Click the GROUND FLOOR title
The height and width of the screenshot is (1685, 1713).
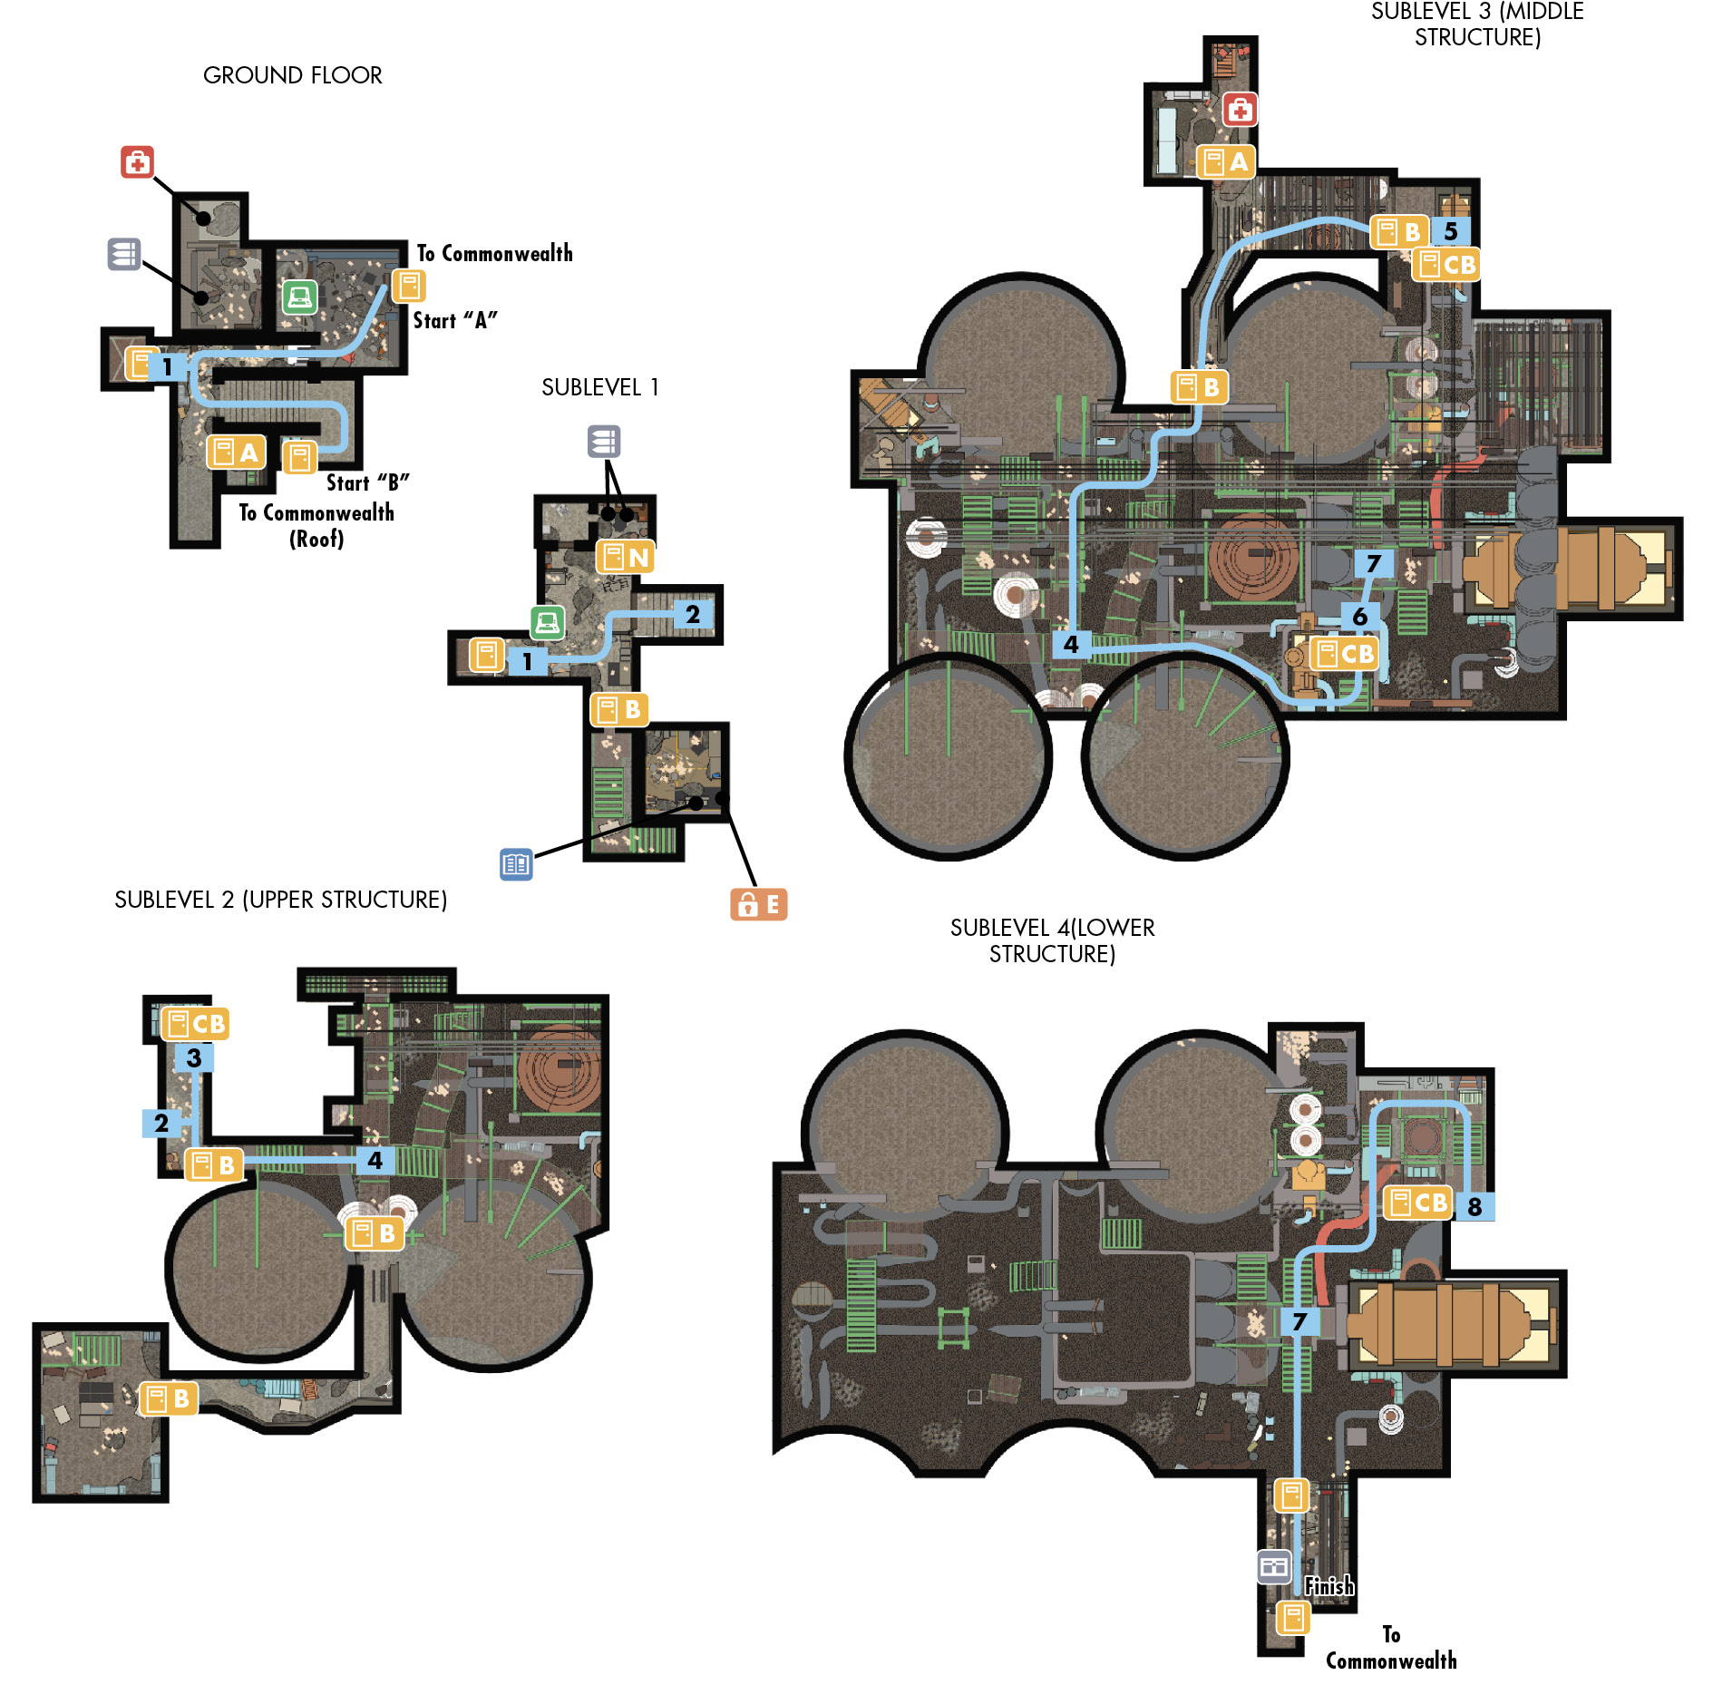pyautogui.click(x=292, y=75)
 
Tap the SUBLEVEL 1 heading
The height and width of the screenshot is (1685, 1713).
pyautogui.click(x=599, y=387)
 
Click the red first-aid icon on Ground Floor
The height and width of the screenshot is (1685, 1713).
pyautogui.click(x=137, y=162)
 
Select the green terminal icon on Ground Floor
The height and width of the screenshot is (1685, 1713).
pyautogui.click(x=299, y=297)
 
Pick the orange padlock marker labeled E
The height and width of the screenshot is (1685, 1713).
pyautogui.click(x=759, y=904)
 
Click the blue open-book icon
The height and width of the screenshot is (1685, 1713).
pyautogui.click(x=516, y=864)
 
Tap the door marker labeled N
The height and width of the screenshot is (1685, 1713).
pyautogui.click(x=625, y=557)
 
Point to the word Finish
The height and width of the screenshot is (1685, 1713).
pyautogui.click(x=1329, y=1585)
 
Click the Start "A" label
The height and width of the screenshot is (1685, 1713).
pyautogui.click(x=455, y=320)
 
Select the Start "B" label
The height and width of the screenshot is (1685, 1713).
pyautogui.click(x=367, y=482)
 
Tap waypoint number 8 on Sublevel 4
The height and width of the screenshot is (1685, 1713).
pyautogui.click(x=1475, y=1207)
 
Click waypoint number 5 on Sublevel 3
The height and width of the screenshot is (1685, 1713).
pyautogui.click(x=1451, y=231)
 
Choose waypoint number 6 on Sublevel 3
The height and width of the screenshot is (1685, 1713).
pyautogui.click(x=1359, y=617)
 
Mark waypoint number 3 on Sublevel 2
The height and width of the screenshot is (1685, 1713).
pyautogui.click(x=194, y=1057)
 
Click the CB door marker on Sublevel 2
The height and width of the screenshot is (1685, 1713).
pyautogui.click(x=195, y=1024)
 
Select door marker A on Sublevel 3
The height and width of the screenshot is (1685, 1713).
pyautogui.click(x=1226, y=162)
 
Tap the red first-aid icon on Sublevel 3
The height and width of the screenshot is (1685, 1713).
pyautogui.click(x=1240, y=110)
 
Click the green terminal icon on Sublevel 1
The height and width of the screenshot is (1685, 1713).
pyautogui.click(x=547, y=623)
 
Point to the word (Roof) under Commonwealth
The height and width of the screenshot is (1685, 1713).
pyautogui.click(x=316, y=539)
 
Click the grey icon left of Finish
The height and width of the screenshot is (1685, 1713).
pyautogui.click(x=1274, y=1566)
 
